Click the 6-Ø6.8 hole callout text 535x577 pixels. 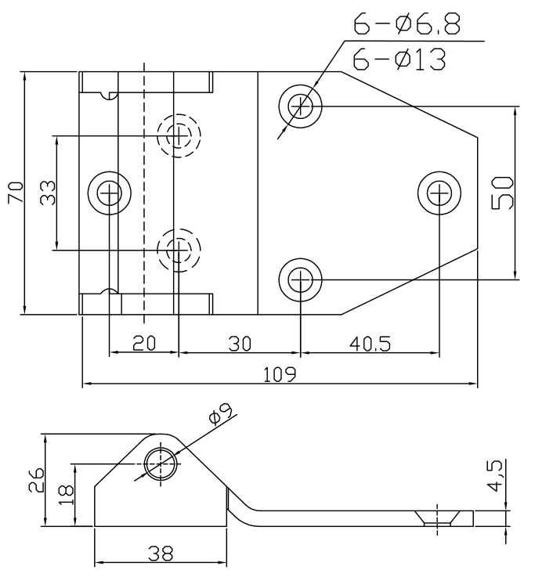(407, 24)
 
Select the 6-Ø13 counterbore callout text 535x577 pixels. (399, 59)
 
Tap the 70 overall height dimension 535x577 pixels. (16, 193)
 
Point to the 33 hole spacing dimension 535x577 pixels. (48, 193)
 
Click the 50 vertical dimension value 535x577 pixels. (503, 193)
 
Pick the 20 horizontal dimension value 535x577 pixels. (144, 343)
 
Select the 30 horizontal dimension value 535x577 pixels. (240, 344)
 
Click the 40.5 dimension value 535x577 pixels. (370, 344)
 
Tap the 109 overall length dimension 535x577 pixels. (280, 374)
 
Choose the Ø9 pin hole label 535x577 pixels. (221, 414)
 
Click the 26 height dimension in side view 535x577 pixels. (36, 480)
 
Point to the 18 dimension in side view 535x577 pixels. (67, 495)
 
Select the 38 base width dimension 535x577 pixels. (161, 553)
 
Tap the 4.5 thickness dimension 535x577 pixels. (495, 475)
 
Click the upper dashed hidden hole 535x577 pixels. (179, 135)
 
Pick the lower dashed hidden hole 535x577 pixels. (179, 251)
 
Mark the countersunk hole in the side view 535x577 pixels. (437, 517)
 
